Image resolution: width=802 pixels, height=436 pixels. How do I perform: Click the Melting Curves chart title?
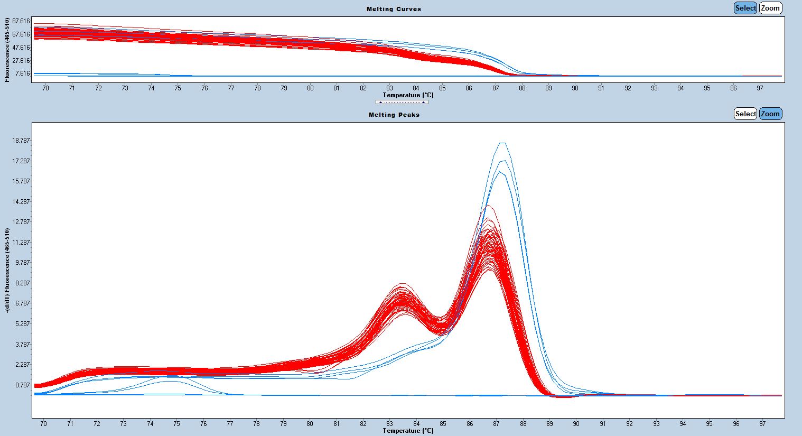[394, 9]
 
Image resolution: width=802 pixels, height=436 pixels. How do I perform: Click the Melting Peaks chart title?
[394, 115]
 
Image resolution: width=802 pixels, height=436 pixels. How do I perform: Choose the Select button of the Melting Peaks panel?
[745, 114]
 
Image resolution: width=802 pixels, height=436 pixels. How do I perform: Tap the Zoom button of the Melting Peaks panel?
[770, 114]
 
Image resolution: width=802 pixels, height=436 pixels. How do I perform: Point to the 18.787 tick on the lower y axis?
[21, 141]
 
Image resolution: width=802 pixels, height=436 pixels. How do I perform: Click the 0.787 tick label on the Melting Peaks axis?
[23, 385]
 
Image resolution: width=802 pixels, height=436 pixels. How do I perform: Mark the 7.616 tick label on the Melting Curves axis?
[23, 73]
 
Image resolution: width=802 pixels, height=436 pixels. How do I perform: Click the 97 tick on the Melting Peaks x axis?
[762, 424]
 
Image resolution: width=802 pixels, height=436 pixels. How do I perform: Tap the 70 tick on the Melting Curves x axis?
[45, 88]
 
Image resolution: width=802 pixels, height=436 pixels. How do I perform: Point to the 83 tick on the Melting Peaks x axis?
[390, 424]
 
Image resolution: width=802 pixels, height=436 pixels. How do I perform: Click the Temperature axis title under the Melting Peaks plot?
[408, 431]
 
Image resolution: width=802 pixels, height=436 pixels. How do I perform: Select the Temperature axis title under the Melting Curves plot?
[408, 95]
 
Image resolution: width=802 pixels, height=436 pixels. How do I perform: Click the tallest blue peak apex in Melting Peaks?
[502, 143]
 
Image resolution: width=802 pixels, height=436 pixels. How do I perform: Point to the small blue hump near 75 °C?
[176, 377]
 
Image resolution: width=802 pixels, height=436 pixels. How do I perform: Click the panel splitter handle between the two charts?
[402, 102]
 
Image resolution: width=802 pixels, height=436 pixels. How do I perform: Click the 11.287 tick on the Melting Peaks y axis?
[21, 243]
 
